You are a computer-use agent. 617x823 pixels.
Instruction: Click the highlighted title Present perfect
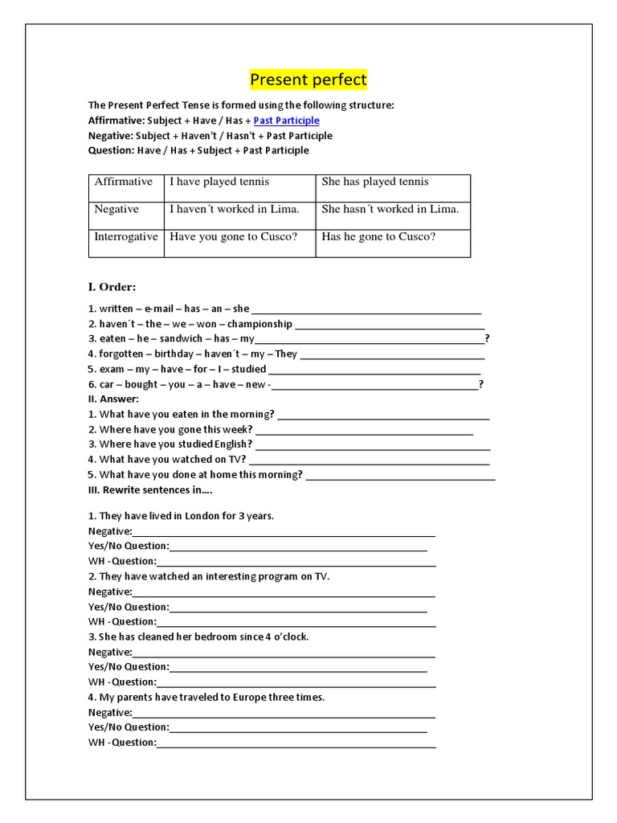click(308, 80)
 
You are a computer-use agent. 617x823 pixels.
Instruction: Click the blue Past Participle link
click(286, 121)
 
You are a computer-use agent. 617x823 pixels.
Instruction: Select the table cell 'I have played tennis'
click(219, 182)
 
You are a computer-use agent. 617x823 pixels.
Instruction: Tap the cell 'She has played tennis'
click(375, 182)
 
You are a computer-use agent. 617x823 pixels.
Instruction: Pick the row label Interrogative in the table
click(126, 237)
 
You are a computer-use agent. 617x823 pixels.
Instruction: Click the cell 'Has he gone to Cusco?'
click(378, 237)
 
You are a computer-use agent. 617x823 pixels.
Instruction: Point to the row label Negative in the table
click(116, 209)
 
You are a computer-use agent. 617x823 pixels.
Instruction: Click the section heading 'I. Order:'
click(112, 287)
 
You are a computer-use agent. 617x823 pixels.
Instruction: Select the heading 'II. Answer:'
click(113, 399)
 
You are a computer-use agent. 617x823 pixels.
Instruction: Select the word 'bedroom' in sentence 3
click(233, 637)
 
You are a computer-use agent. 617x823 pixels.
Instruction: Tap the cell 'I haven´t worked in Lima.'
click(234, 209)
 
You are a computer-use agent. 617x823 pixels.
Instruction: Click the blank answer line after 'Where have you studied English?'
click(373, 446)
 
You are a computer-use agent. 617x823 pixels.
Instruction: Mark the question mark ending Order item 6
click(481, 384)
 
